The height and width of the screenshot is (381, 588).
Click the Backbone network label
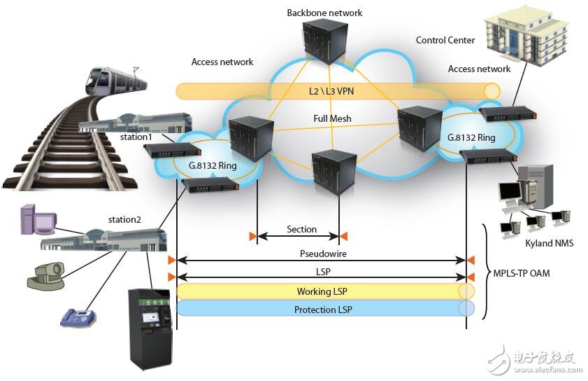[x=324, y=13]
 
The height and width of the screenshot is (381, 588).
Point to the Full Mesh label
[x=332, y=119]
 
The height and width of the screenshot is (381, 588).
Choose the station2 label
[x=124, y=220]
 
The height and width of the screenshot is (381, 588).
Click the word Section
[x=301, y=229]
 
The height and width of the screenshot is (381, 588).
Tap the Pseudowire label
[x=320, y=254]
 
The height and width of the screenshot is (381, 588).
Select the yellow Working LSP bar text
[x=320, y=291]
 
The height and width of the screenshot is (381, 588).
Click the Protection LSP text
[x=320, y=309]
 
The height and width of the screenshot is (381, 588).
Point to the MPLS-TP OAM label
[x=521, y=273]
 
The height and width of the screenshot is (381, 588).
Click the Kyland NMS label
[x=549, y=242]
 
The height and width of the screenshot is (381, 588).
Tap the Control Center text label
[x=445, y=40]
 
